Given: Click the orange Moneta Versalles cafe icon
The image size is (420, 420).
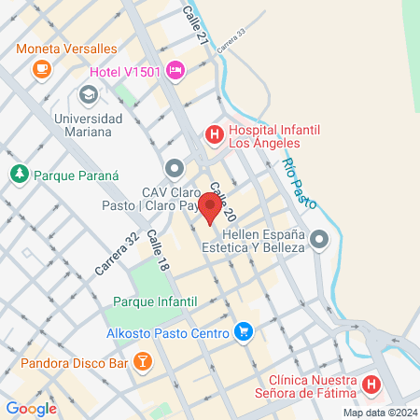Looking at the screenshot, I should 40,68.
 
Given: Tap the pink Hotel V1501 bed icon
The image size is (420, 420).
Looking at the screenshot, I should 175,71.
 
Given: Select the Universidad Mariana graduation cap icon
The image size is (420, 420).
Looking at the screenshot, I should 88,94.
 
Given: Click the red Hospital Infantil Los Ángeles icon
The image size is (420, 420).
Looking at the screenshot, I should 214,135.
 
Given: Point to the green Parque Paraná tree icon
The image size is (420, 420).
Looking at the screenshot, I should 18,174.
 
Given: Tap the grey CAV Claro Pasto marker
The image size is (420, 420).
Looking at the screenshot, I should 174,168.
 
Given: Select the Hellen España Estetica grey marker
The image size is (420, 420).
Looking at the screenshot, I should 319,240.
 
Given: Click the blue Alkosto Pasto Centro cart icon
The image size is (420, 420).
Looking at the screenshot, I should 244,331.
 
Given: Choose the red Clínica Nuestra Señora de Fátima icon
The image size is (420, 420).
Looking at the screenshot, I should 371,384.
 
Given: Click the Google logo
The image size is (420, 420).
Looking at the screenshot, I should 31,408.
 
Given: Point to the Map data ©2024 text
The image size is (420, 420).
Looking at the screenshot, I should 379,413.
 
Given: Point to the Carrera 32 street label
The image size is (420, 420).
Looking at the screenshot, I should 118,253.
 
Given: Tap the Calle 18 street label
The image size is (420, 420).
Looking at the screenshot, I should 157,253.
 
